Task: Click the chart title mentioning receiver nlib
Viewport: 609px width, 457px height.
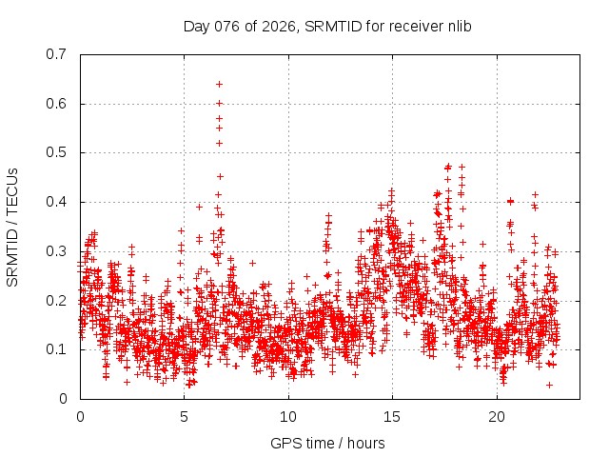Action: (327, 26)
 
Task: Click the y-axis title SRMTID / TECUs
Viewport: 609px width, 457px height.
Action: (12, 227)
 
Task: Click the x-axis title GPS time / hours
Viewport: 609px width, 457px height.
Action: (327, 443)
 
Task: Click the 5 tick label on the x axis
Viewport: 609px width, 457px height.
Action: (185, 417)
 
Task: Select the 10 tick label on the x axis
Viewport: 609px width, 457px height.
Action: (288, 417)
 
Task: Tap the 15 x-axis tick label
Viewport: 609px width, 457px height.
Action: (392, 417)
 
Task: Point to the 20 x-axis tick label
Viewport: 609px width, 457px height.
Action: (497, 417)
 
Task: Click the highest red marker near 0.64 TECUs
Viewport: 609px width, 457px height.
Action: (219, 84)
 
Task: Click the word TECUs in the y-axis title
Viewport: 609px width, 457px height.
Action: (12, 189)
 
